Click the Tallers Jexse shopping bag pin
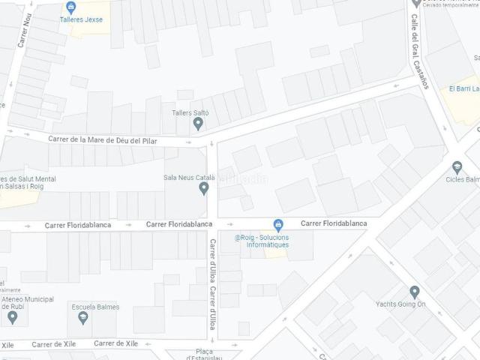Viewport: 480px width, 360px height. pyautogui.click(x=70, y=7)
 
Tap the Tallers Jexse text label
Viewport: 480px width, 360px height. pyautogui.click(x=82, y=19)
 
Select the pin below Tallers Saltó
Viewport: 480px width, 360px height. pyautogui.click(x=198, y=124)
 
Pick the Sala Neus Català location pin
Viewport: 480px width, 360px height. pyautogui.click(x=203, y=188)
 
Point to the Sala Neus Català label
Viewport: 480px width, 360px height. pyautogui.click(x=189, y=178)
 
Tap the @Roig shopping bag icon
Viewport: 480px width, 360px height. pyautogui.click(x=278, y=224)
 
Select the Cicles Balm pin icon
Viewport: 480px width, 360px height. pyautogui.click(x=457, y=166)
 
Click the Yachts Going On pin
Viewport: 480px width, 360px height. pyautogui.click(x=415, y=292)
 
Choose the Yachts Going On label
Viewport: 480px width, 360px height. pyautogui.click(x=400, y=304)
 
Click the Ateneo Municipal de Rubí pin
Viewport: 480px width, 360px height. pyautogui.click(x=11, y=316)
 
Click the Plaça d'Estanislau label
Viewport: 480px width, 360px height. pyautogui.click(x=204, y=353)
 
